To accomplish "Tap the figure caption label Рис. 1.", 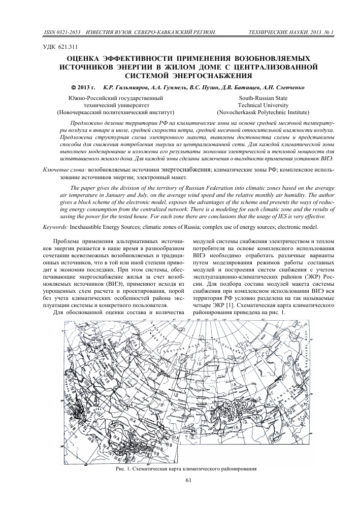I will click(124, 469).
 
